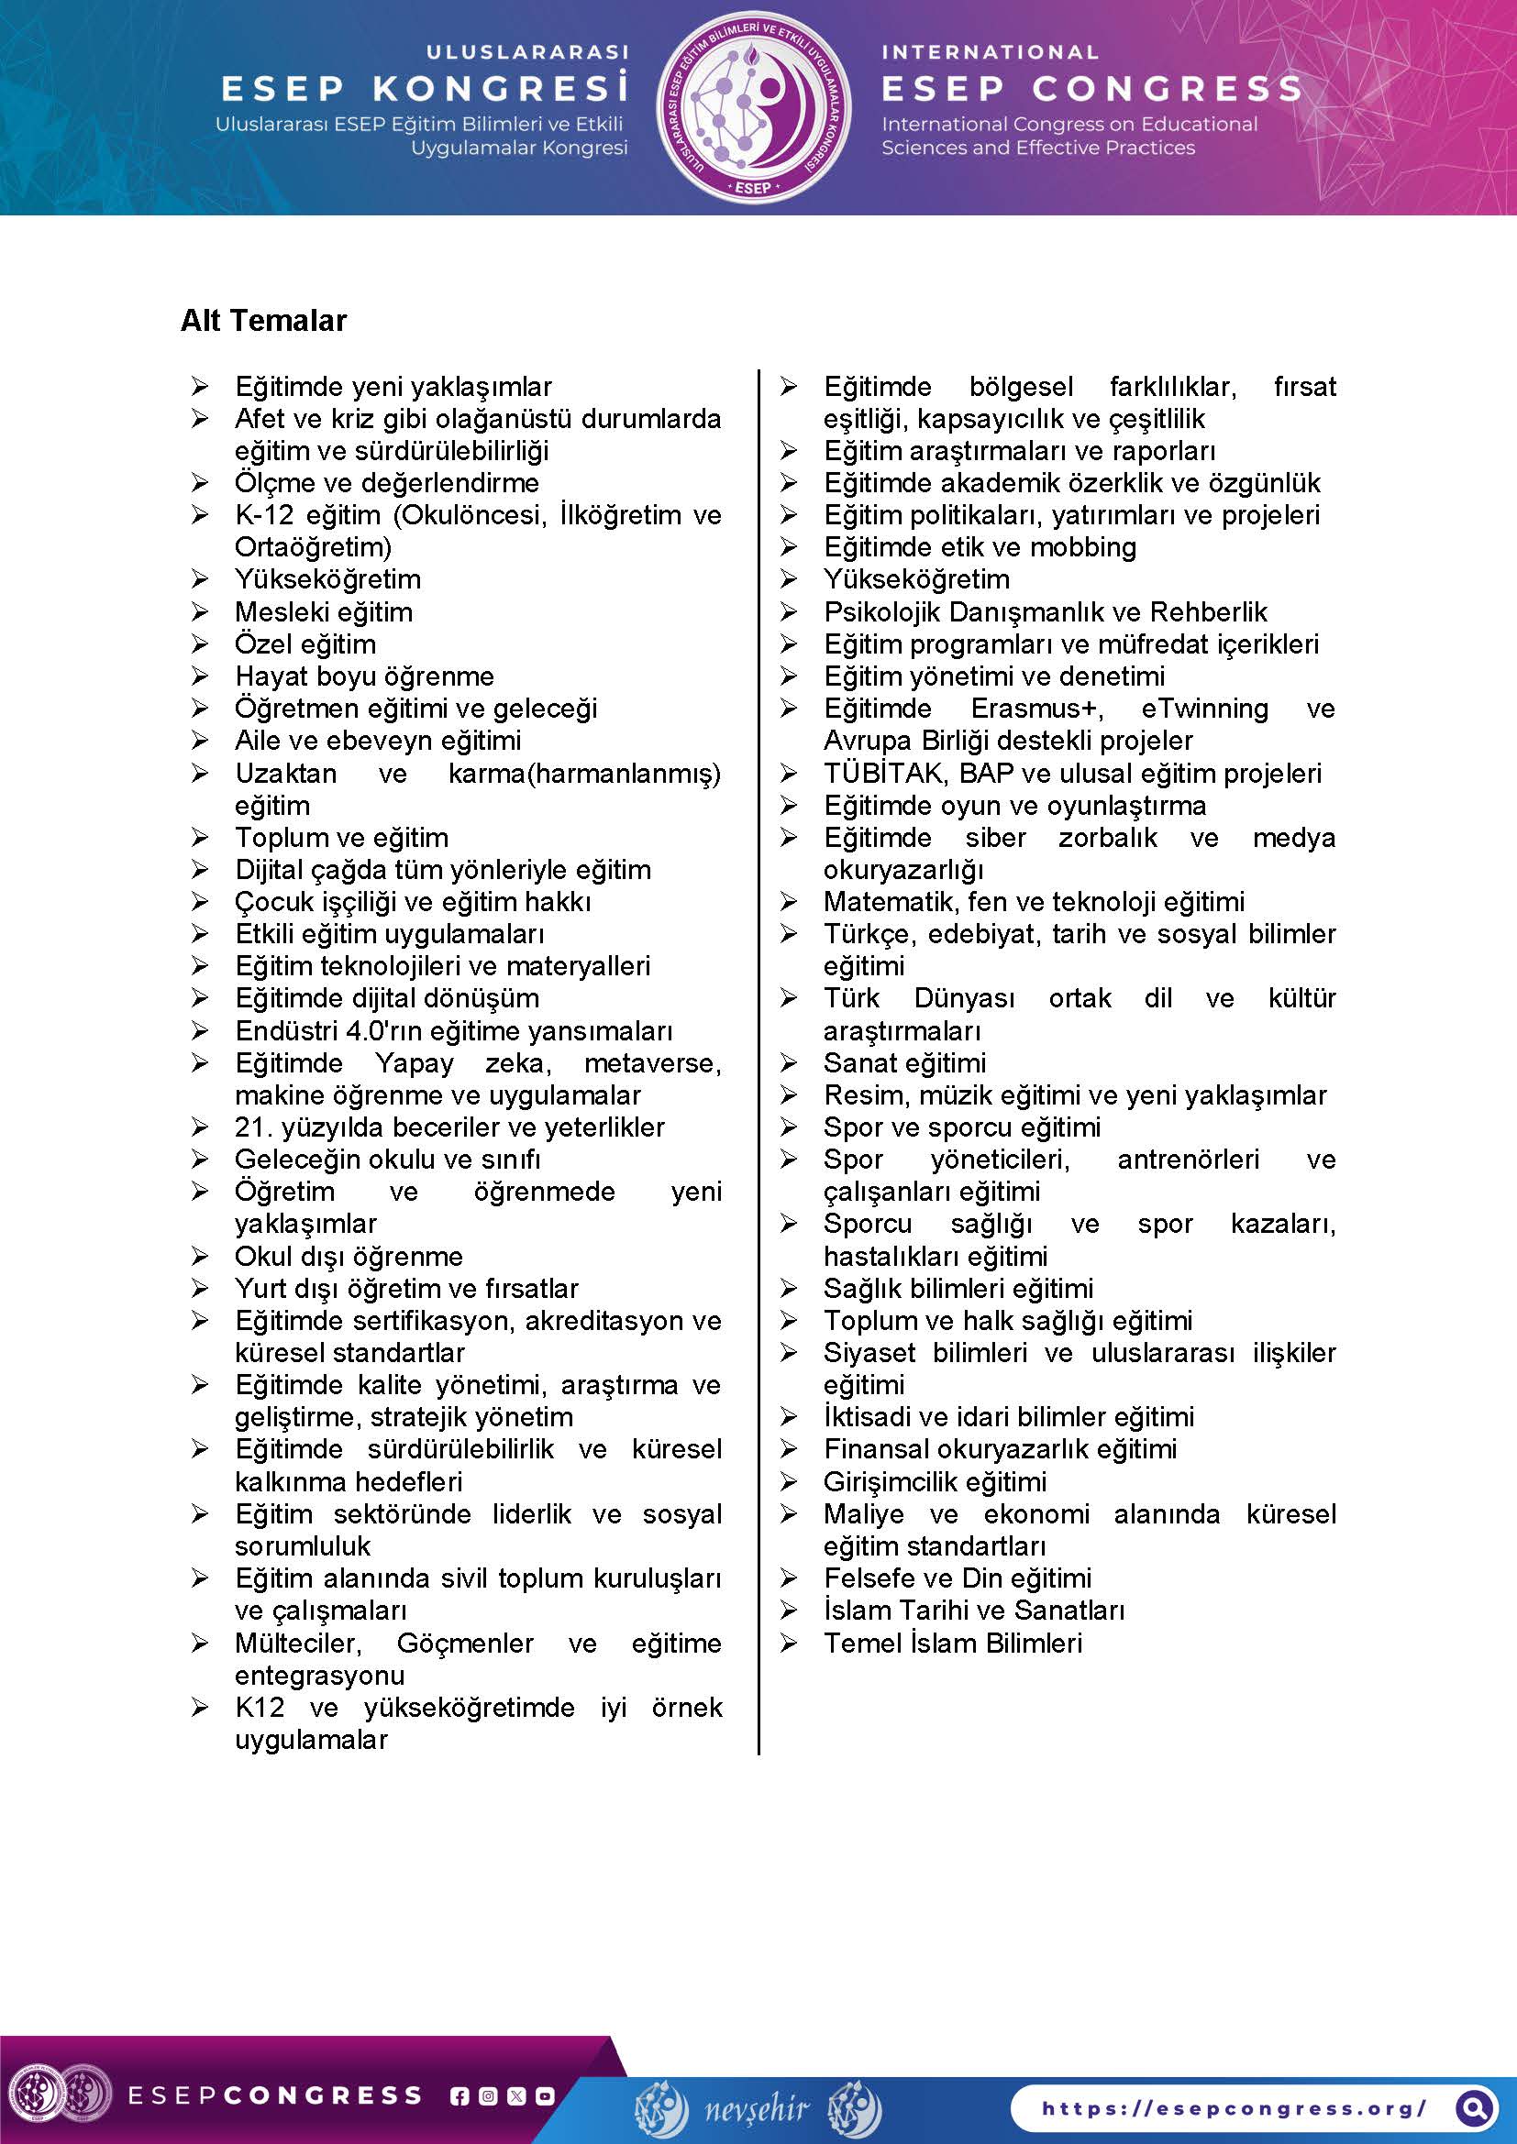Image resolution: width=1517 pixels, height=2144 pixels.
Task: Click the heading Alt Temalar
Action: [263, 320]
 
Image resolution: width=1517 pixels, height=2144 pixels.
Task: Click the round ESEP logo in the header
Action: [754, 106]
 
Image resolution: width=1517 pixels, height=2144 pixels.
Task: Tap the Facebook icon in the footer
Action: [459, 2095]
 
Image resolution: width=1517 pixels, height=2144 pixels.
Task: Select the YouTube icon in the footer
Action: [545, 2095]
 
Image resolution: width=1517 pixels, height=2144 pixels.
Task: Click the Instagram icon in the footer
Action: [488, 2095]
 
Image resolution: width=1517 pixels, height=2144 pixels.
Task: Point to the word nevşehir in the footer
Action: [758, 2107]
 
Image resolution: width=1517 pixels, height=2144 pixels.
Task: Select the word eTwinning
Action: [1204, 709]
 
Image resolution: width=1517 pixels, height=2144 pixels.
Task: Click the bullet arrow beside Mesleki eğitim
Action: [200, 611]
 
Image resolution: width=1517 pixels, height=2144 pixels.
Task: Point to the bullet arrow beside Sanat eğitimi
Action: [790, 1062]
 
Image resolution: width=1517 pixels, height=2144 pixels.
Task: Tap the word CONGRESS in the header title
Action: [1167, 89]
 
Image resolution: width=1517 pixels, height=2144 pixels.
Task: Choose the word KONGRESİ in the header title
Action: [501, 89]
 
